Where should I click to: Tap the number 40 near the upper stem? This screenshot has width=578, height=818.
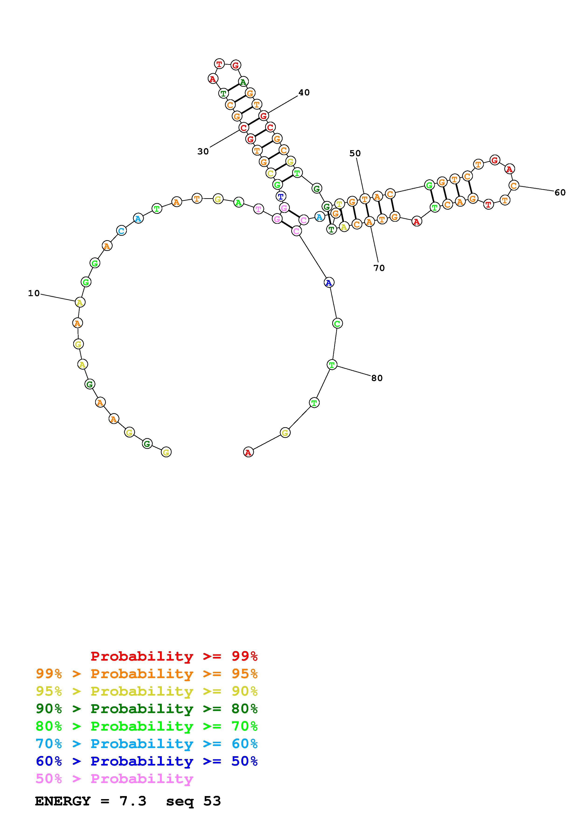point(304,93)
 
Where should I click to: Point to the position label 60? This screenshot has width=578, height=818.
point(560,193)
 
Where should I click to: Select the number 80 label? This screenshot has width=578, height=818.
point(377,378)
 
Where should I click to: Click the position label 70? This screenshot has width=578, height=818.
point(379,268)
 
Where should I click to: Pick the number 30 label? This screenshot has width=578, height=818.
point(203,151)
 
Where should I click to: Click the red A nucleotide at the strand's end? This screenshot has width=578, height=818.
point(248,452)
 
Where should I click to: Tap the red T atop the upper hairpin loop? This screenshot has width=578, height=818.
point(219,64)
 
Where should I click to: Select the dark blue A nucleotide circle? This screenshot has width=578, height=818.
point(329,283)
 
